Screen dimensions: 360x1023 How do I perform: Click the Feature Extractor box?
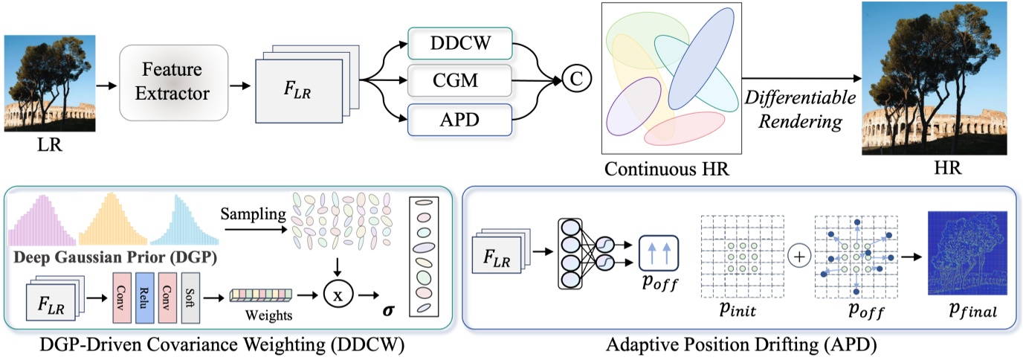173,81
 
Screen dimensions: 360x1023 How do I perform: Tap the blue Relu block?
145,296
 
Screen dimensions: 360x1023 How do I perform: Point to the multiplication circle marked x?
338,295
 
